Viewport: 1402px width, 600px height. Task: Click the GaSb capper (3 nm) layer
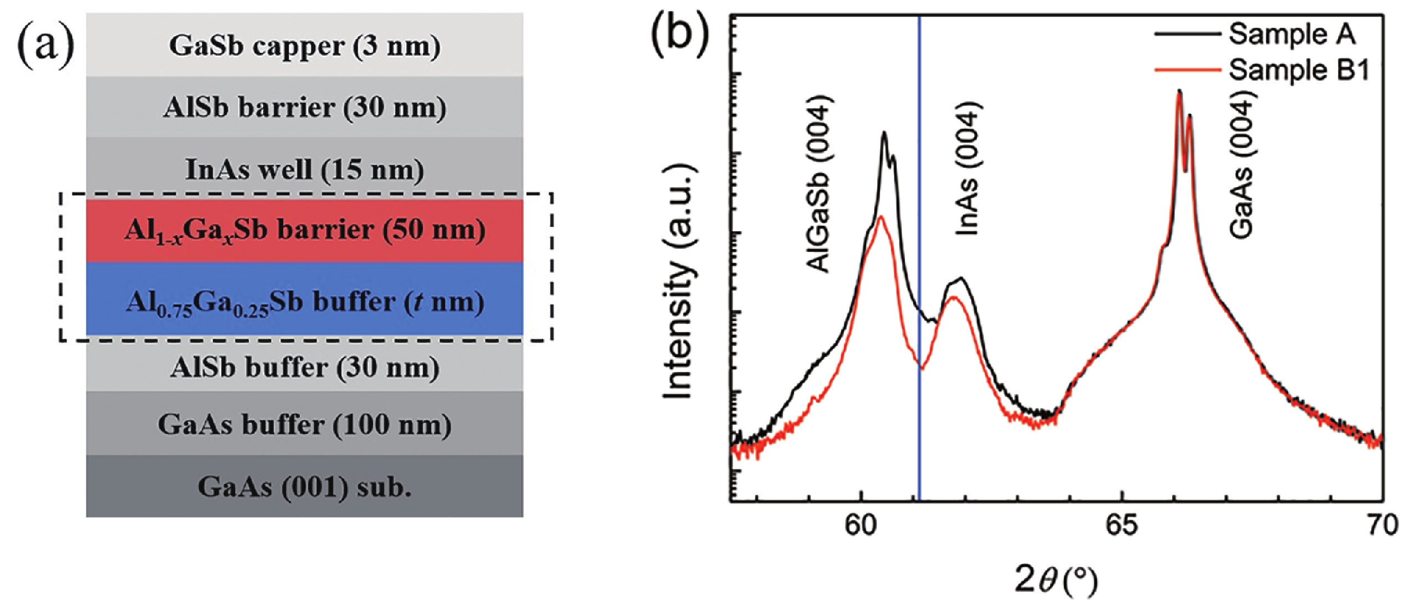tap(304, 45)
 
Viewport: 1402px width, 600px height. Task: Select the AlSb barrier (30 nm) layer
tap(304, 107)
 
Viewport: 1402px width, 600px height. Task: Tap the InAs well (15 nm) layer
tap(304, 169)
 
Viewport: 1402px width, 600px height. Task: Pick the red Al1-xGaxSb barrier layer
tap(304, 230)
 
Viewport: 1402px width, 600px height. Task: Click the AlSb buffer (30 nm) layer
tap(304, 367)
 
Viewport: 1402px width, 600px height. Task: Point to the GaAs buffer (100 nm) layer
tap(304, 424)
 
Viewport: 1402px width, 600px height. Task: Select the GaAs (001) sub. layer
tap(304, 487)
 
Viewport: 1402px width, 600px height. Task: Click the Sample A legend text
tap(1292, 34)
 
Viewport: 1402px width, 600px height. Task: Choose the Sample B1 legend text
tap(1298, 70)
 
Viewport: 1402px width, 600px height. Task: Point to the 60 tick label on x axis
tap(860, 525)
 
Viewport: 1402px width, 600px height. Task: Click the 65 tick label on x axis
tap(1122, 525)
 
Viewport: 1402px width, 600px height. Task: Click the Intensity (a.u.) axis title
tap(678, 281)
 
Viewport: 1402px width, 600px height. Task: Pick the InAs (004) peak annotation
tap(968, 168)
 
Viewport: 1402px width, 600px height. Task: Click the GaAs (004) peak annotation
tap(1242, 166)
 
